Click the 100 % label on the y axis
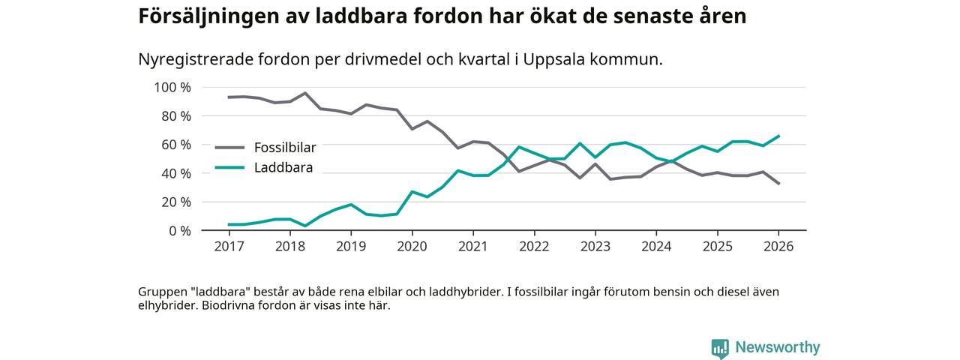[172, 88]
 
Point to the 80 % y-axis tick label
[175, 116]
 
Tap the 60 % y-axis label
[175, 145]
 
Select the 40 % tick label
[175, 173]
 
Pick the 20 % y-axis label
[175, 202]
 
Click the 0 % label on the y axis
[179, 230]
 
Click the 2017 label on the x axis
[228, 246]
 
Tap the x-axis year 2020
[412, 246]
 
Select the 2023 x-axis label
[595, 246]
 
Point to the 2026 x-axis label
[778, 246]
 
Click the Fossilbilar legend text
[285, 147]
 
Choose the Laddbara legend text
[283, 167]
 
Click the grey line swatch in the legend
[229, 147]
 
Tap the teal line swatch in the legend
[229, 167]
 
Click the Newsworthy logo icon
[720, 348]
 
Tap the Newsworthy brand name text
[777, 347]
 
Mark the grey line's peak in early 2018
[305, 93]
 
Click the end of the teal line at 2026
[778, 136]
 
